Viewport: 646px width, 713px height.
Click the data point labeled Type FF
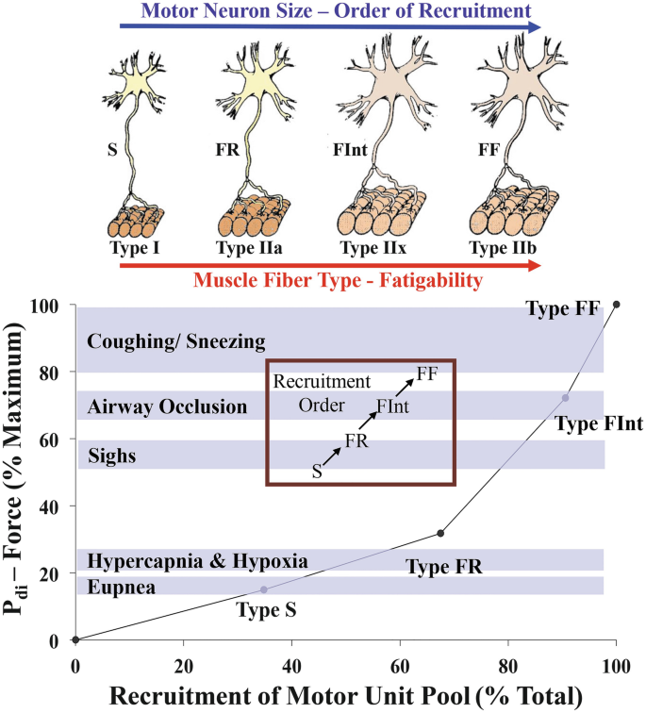point(617,304)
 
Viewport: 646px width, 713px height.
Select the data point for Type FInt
point(566,398)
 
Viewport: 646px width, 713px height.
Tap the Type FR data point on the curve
point(440,534)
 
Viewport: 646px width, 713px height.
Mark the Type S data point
point(264,589)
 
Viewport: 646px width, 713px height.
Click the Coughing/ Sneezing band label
point(175,341)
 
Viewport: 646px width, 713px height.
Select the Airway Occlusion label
point(167,407)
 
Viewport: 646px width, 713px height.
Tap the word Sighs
point(112,456)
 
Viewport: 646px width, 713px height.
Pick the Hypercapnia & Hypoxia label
point(197,561)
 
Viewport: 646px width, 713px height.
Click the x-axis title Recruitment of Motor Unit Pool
point(345,695)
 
